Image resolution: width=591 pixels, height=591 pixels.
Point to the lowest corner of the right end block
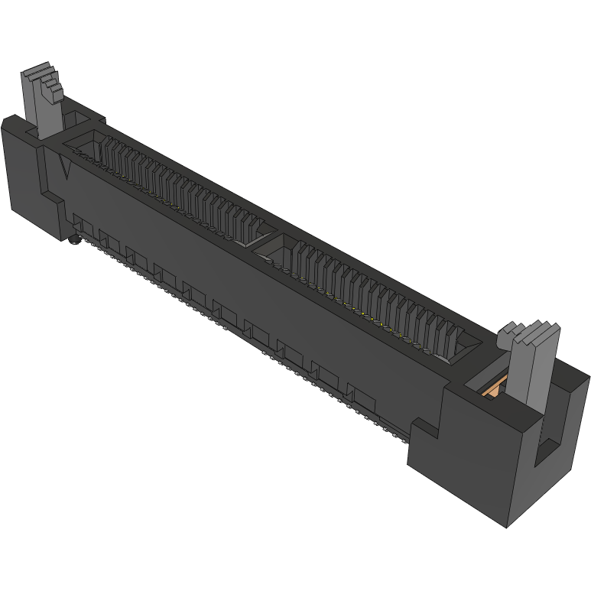[x=508, y=527]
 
